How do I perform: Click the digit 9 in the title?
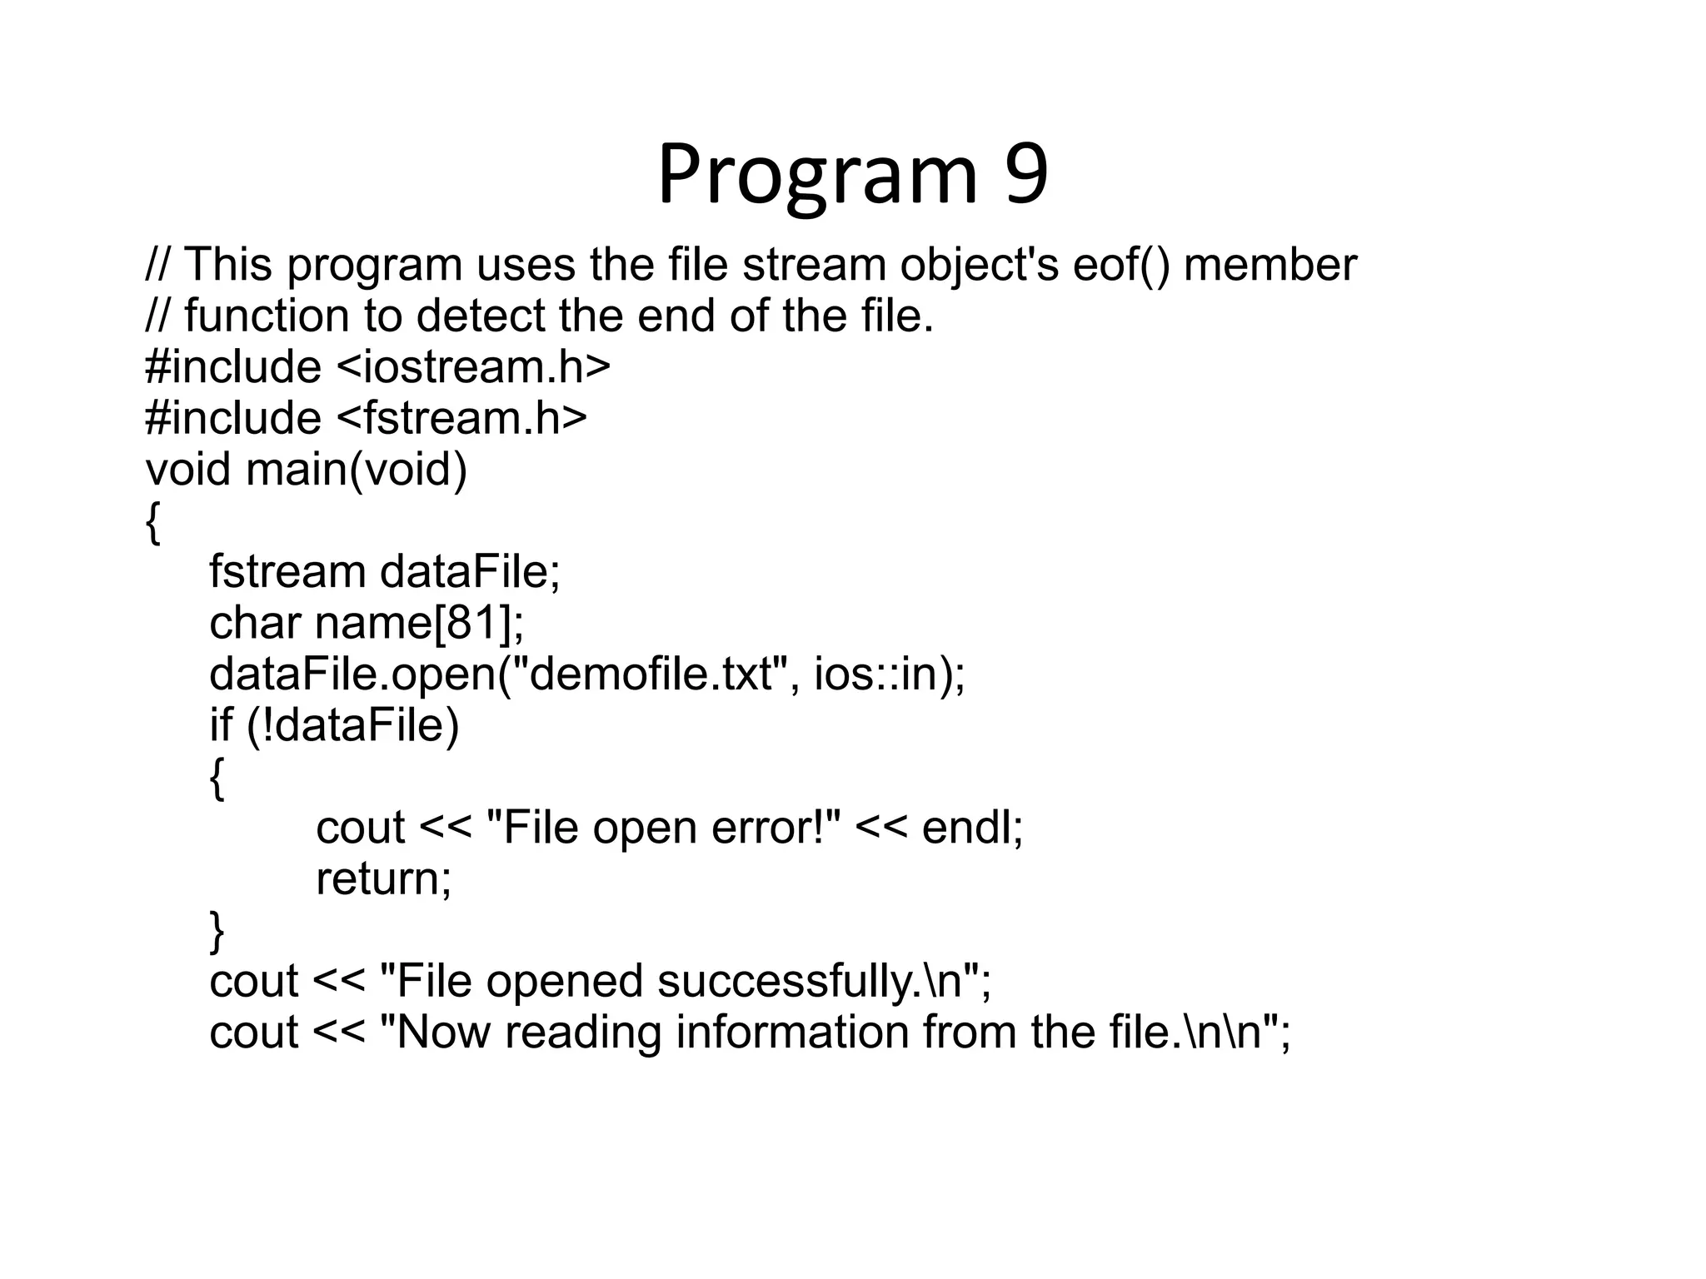1026,175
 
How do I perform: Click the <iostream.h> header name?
473,367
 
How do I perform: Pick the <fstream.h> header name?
461,418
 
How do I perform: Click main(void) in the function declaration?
357,470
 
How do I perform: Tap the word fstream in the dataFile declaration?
287,572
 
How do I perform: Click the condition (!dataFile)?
353,725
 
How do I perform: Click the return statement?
383,879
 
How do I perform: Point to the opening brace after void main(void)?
152,522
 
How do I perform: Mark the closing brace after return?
217,931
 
